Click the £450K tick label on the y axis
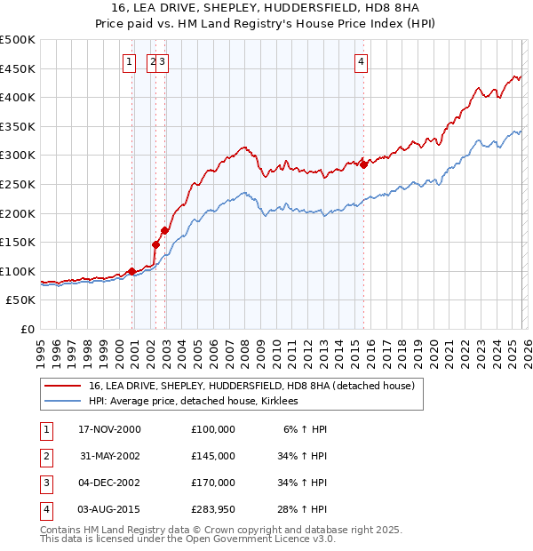[x=17, y=68]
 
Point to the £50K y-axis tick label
[x=20, y=300]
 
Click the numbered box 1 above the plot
[x=130, y=61]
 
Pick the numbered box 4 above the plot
[x=362, y=61]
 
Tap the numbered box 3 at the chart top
[x=164, y=61]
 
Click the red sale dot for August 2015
[x=364, y=164]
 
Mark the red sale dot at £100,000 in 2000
[x=132, y=271]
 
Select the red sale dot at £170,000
[x=164, y=230]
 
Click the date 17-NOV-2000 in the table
[x=109, y=429]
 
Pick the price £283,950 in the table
[x=213, y=509]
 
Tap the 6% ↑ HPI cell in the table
[x=306, y=429]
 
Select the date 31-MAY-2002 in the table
[x=109, y=456]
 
